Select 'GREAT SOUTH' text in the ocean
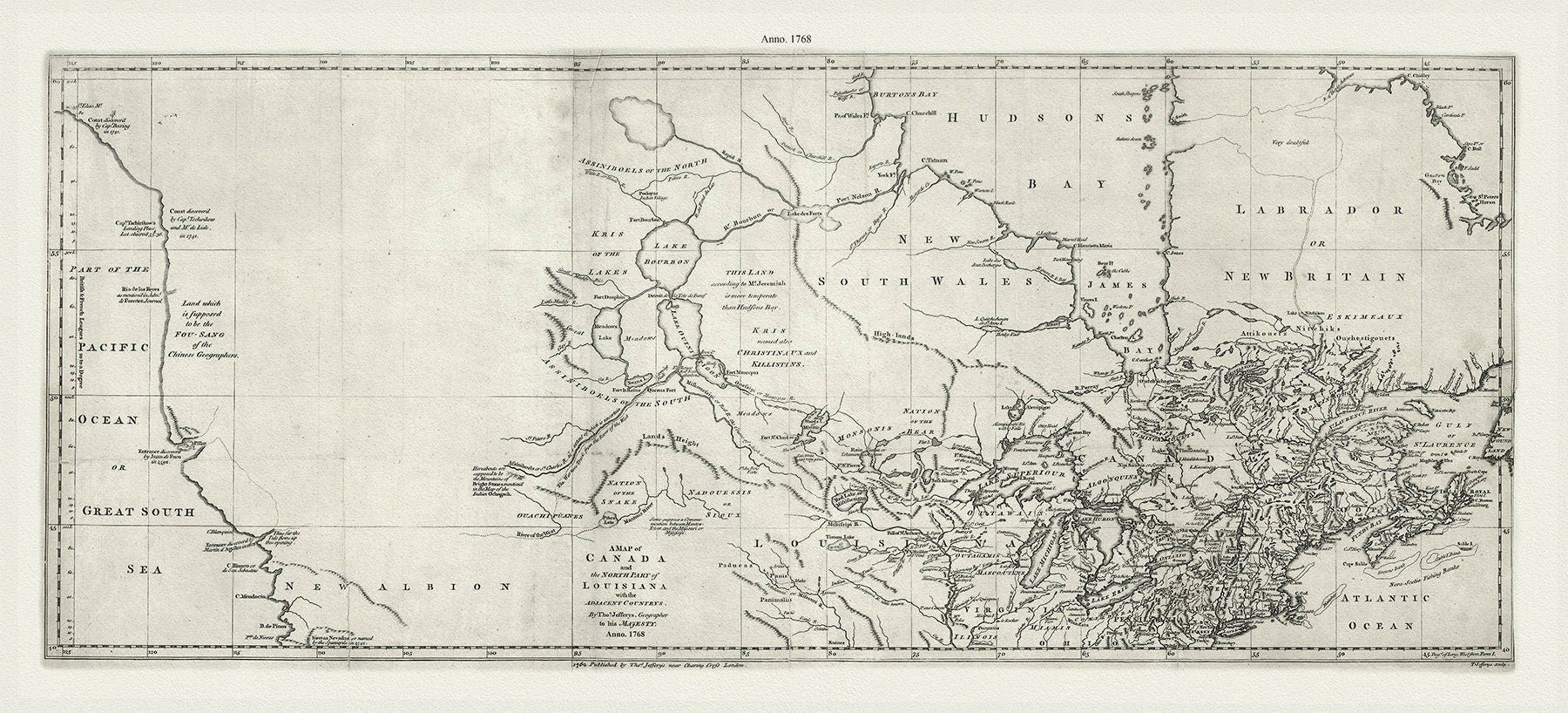tap(132, 512)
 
